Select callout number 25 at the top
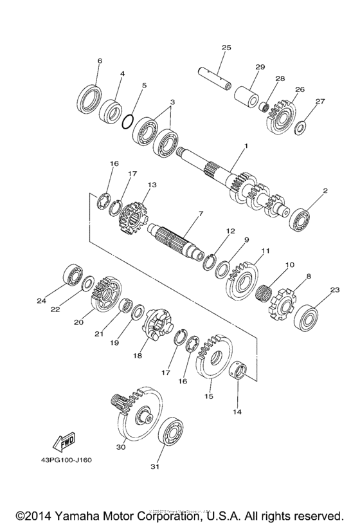226,48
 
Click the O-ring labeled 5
129,121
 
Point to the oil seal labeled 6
89,97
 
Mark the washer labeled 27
300,127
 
